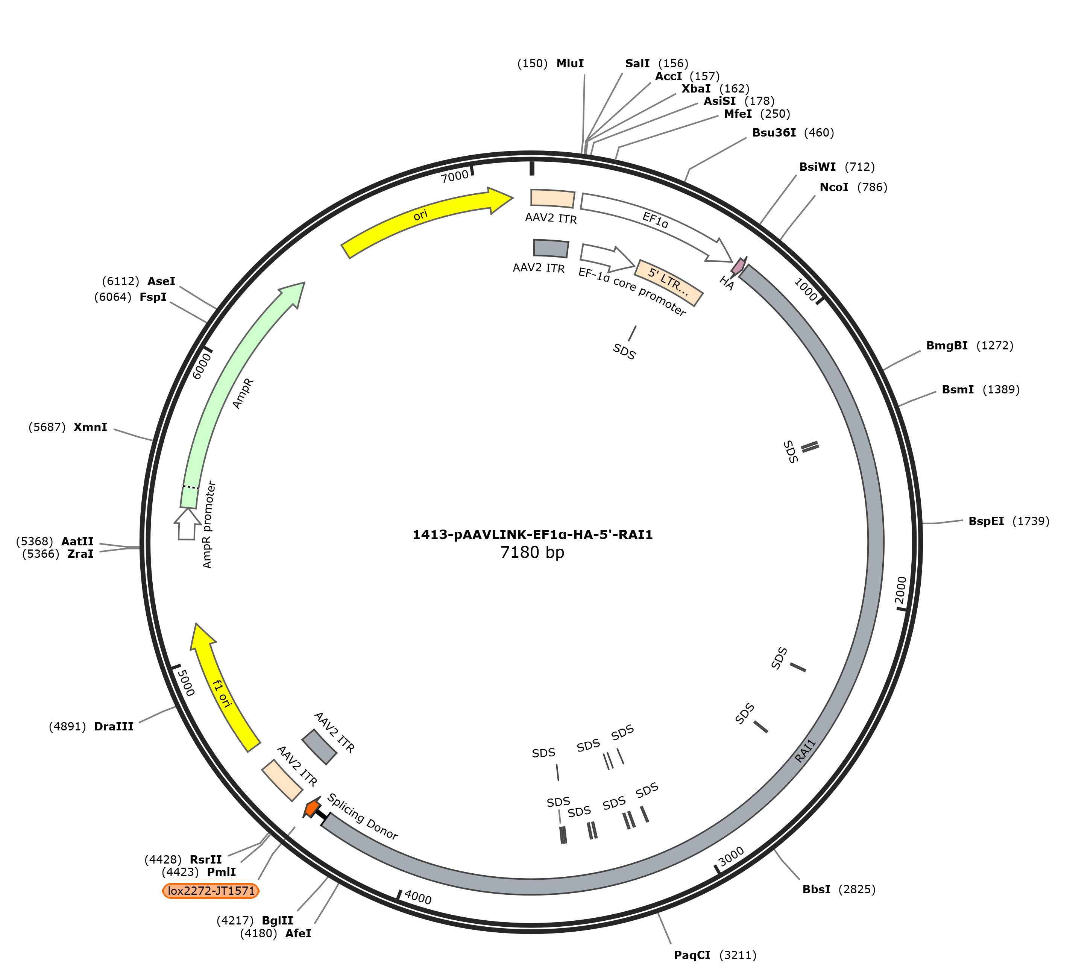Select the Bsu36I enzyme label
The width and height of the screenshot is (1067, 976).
pos(774,132)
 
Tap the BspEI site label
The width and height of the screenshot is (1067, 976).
pos(986,521)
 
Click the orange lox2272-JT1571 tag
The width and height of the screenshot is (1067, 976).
pos(211,891)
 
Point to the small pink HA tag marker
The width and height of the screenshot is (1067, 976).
pos(738,266)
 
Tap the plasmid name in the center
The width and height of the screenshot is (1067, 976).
pos(533,534)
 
